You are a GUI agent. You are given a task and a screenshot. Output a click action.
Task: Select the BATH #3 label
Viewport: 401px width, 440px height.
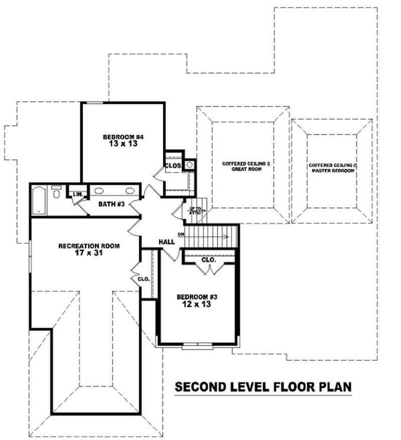click(x=111, y=204)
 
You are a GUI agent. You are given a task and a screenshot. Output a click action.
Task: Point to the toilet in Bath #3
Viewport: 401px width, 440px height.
click(x=57, y=192)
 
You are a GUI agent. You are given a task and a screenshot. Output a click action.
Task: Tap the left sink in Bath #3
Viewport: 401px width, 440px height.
click(x=99, y=191)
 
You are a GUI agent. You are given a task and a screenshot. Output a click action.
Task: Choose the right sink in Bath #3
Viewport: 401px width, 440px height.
click(x=129, y=191)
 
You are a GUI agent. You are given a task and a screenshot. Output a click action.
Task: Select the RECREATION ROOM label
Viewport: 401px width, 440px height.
click(x=89, y=246)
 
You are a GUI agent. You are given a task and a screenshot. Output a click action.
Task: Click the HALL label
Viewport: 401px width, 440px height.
click(x=166, y=242)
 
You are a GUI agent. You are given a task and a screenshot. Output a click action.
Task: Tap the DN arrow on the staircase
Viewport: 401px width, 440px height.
click(x=181, y=234)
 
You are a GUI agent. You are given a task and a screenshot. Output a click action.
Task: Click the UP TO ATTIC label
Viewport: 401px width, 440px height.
click(x=195, y=210)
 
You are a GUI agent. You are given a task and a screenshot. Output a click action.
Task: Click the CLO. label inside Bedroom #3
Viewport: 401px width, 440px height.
click(x=209, y=260)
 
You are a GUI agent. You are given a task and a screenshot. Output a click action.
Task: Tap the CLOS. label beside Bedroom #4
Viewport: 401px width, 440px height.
click(x=173, y=166)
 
